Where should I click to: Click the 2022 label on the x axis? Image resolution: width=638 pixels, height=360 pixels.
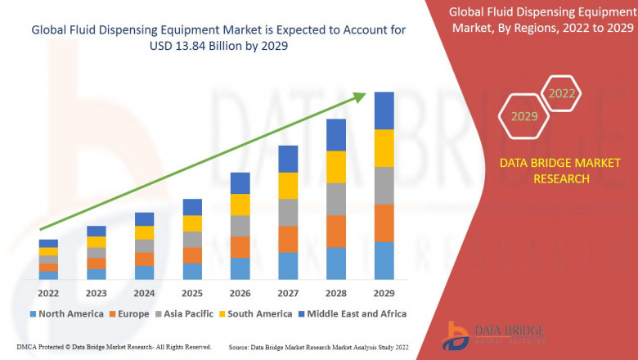48,292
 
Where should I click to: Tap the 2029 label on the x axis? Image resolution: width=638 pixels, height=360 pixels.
384,292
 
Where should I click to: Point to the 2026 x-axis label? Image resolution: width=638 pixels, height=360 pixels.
240,292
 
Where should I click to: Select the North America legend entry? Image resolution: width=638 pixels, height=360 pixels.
66,313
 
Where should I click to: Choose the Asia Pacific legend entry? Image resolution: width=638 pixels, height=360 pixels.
186,313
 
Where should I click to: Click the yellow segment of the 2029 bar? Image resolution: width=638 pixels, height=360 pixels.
384,148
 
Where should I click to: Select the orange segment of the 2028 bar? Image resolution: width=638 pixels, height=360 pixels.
336,232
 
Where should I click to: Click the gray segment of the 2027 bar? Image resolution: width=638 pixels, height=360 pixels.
288,212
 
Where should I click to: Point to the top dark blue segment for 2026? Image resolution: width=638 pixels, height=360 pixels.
240,182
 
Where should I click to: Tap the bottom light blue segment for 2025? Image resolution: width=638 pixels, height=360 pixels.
192,271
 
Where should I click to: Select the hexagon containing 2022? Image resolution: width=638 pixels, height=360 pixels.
561,94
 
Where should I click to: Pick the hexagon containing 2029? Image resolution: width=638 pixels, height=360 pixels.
524,117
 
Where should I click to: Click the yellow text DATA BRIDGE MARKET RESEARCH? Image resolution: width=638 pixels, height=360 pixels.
544,171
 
